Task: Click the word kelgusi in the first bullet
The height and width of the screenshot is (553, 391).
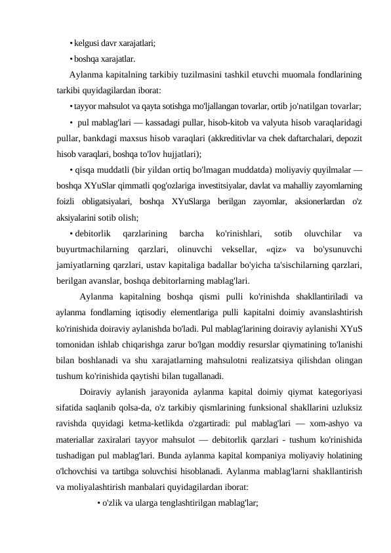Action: click(x=88, y=45)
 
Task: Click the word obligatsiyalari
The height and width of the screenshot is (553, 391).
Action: click(x=113, y=201)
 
